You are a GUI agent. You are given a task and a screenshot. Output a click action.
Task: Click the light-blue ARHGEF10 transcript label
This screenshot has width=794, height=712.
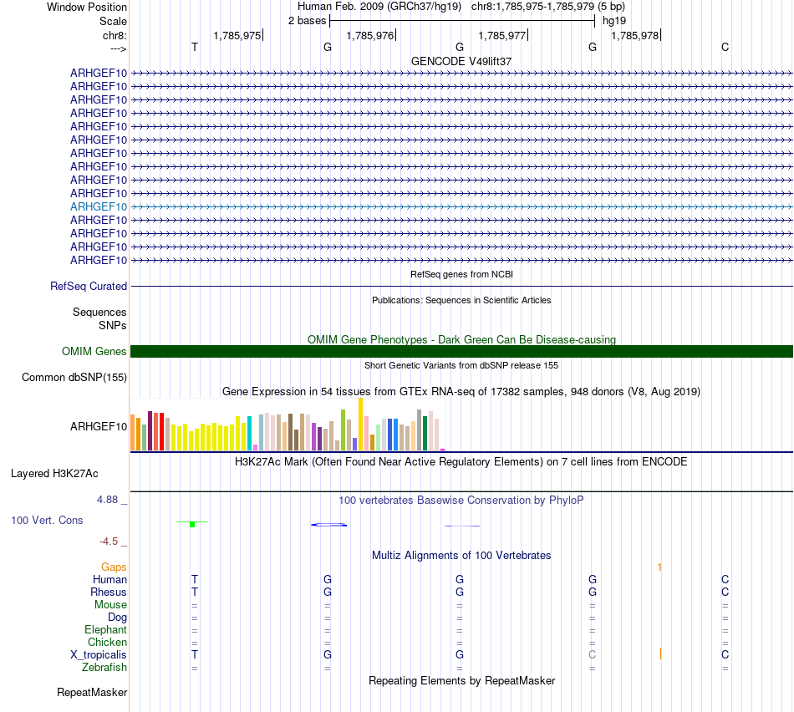(x=99, y=206)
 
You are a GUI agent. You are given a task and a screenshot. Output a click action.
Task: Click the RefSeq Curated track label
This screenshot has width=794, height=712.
(x=89, y=286)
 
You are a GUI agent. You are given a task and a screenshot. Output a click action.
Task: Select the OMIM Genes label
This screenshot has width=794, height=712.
(x=94, y=351)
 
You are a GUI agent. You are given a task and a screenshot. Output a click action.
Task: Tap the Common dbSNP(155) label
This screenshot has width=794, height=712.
(x=74, y=377)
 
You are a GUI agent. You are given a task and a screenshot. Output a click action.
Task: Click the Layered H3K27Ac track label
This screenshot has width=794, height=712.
(x=54, y=473)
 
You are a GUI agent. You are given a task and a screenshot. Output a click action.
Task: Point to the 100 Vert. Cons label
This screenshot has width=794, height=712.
(x=47, y=520)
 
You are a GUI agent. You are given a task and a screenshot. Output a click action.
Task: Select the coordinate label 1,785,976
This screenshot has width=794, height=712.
(x=369, y=35)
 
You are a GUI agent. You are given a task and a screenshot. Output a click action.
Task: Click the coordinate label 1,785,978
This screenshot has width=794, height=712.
(x=634, y=35)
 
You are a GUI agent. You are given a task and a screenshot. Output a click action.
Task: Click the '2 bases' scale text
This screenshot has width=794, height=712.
(x=306, y=20)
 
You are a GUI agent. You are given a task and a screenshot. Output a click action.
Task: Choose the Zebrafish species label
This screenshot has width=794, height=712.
(x=104, y=667)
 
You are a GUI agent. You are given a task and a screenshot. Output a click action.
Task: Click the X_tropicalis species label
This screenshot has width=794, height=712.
(x=99, y=654)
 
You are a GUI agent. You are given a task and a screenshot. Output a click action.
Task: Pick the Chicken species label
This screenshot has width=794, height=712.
(x=107, y=642)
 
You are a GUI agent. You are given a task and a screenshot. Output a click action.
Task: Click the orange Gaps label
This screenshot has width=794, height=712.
(x=114, y=567)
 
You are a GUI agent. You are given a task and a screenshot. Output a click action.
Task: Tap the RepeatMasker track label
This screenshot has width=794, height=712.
(x=92, y=692)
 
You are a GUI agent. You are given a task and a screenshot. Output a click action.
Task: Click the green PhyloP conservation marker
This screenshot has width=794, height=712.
(x=192, y=524)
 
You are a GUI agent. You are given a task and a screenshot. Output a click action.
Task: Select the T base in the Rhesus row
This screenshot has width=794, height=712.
(x=195, y=592)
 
